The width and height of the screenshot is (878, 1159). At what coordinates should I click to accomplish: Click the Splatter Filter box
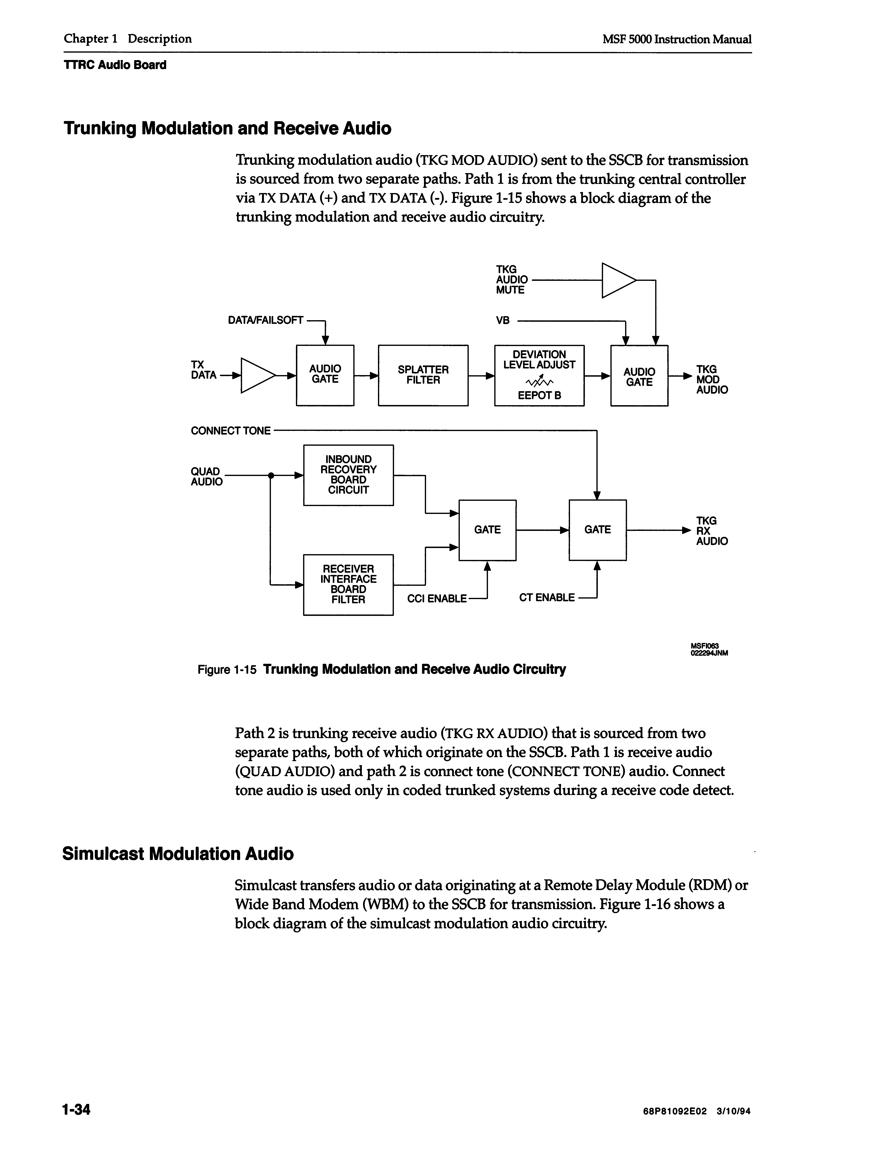tap(423, 375)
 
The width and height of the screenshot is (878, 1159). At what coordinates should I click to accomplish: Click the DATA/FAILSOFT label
tap(265, 320)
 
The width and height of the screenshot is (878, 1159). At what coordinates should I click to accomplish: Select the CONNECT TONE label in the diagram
tap(231, 431)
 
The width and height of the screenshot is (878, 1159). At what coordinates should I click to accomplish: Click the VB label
tap(503, 320)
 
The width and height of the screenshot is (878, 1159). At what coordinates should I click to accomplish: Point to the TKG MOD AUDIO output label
tap(711, 379)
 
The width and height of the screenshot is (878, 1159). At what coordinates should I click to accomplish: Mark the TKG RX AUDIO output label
tap(711, 531)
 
